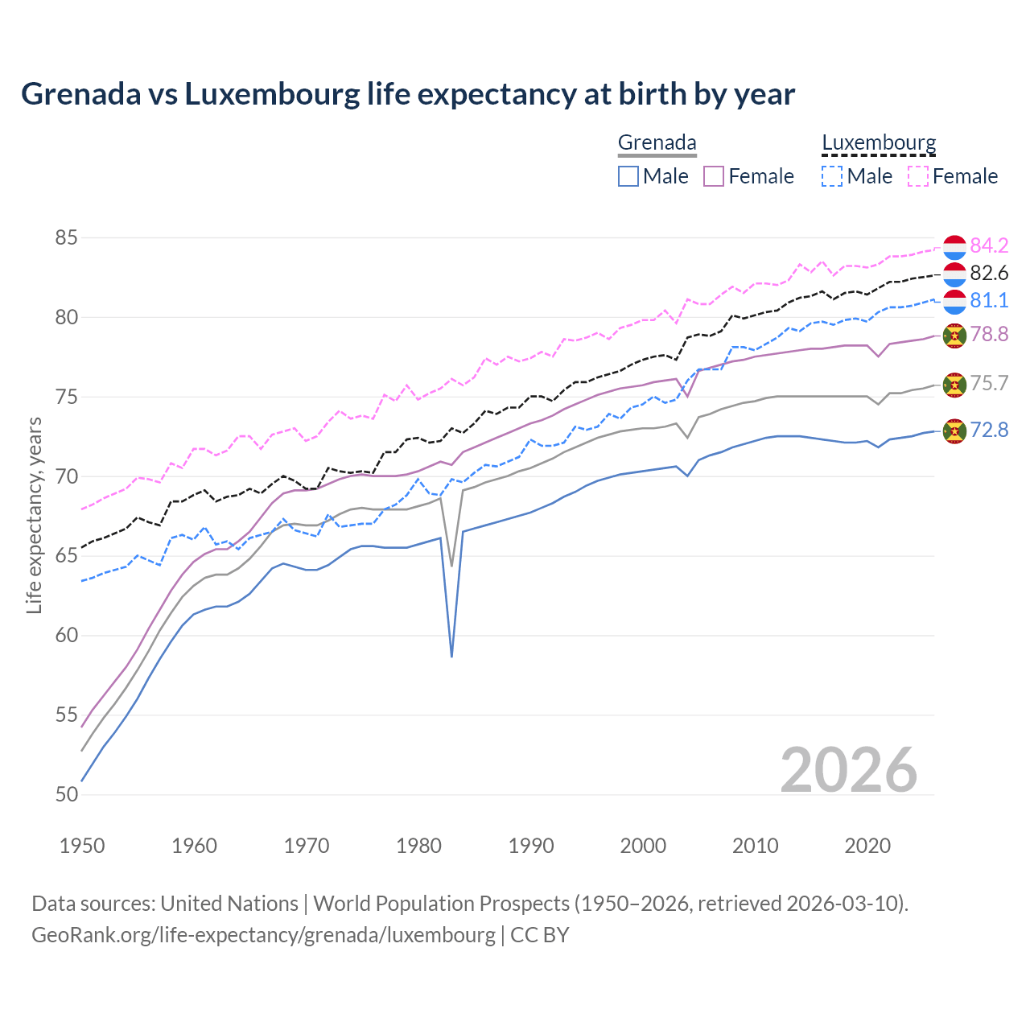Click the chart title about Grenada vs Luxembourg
tap(408, 94)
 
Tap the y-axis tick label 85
tap(67, 238)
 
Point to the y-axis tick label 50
tap(67, 794)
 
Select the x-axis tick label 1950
tap(82, 846)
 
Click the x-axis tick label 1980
tap(418, 846)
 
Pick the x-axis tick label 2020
tap(867, 846)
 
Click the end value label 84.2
tap(989, 245)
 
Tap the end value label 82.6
tap(989, 274)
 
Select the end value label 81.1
tap(989, 301)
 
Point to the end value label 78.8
tap(989, 334)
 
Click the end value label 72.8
tap(989, 431)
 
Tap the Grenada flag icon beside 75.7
tap(954, 385)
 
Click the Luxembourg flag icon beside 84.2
tap(954, 247)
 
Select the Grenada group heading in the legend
tap(657, 142)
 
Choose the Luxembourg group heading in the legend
tap(879, 142)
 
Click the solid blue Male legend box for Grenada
tap(628, 176)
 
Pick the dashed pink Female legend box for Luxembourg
tap(918, 176)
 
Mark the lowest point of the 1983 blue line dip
tap(451, 657)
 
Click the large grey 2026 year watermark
tap(848, 770)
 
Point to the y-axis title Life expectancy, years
tap(34, 515)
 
